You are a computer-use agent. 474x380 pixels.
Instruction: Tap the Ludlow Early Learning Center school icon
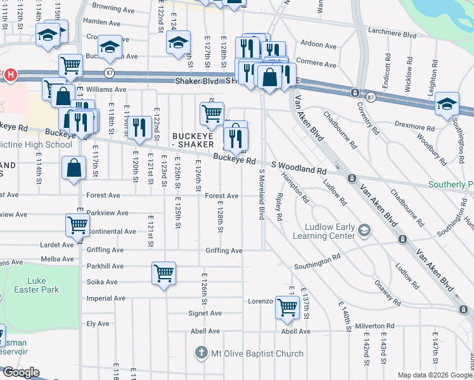364,229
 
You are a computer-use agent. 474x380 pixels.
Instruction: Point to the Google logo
20,372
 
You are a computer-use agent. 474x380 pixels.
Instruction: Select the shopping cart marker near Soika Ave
163,274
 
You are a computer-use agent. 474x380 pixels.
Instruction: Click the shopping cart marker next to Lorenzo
288,308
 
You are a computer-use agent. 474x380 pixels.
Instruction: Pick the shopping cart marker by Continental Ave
77,225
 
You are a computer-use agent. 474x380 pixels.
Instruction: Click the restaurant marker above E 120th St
138,127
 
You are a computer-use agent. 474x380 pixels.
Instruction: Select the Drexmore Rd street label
415,127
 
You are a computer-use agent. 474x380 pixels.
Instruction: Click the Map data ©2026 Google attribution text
434,374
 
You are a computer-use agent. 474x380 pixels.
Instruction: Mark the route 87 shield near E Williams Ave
110,72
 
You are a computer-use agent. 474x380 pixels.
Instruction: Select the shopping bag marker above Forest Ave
74,168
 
